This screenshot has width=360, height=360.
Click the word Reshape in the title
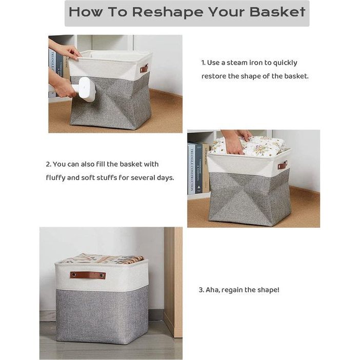[168, 12]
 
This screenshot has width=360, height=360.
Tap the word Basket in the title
[278, 12]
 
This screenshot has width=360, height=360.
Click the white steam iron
[83, 90]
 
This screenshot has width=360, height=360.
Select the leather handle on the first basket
[144, 68]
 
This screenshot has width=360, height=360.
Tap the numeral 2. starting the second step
[48, 165]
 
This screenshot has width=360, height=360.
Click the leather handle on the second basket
[282, 165]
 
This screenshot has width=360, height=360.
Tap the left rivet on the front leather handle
[74, 274]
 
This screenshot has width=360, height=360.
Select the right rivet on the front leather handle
[102, 275]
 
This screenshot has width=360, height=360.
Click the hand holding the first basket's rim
[69, 52]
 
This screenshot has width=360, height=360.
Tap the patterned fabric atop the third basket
[101, 259]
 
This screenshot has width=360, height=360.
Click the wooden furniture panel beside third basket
[173, 283]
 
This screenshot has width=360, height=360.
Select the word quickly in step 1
[285, 63]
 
